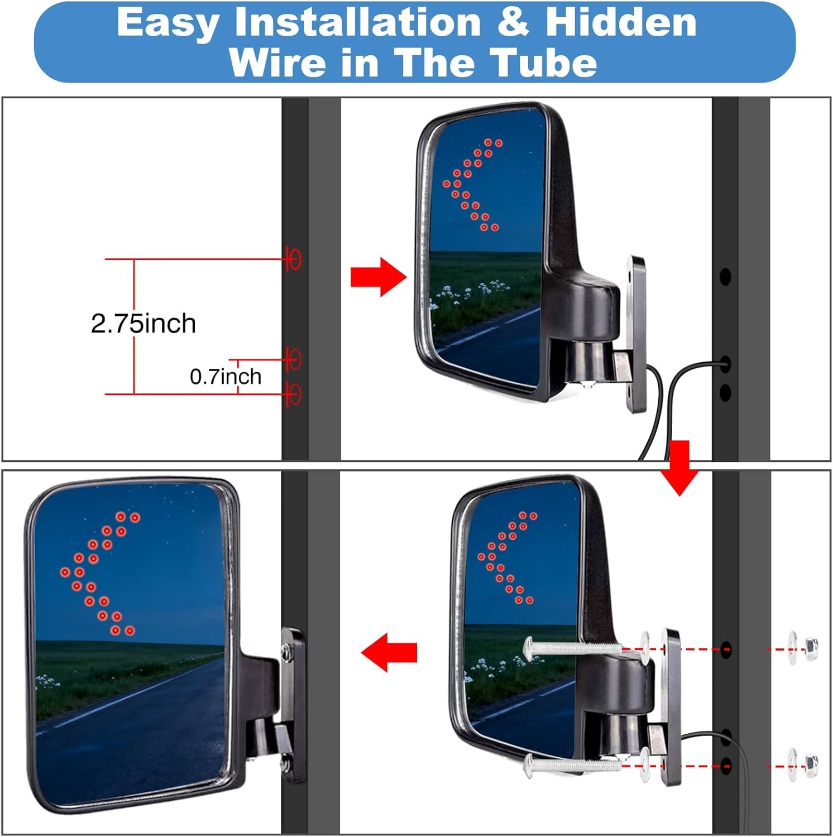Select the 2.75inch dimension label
pyautogui.click(x=143, y=324)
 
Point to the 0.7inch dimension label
pyautogui.click(x=226, y=377)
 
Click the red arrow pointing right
pyautogui.click(x=378, y=277)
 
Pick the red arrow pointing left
pyautogui.click(x=389, y=652)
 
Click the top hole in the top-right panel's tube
pyautogui.click(x=725, y=276)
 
